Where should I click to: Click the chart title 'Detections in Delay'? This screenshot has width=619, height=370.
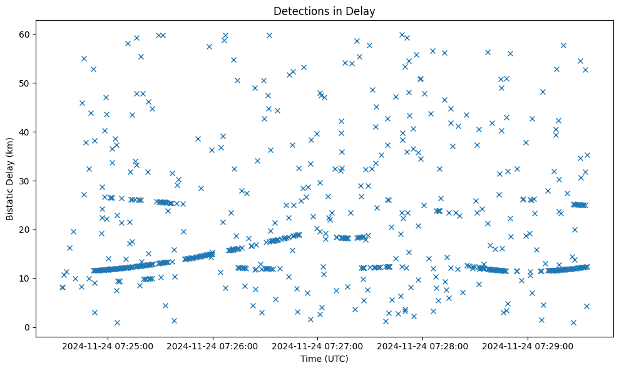pos(324,11)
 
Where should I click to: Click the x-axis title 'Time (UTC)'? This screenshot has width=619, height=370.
pos(324,359)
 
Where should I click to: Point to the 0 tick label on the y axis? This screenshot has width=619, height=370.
pos(28,327)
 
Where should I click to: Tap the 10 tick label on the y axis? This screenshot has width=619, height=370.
pos(25,278)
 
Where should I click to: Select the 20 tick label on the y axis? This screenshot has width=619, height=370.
pos(25,230)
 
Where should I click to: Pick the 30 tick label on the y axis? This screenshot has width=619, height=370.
pos(25,181)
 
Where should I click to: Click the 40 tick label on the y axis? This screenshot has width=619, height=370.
pos(25,132)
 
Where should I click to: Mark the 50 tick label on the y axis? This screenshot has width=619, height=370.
pos(25,83)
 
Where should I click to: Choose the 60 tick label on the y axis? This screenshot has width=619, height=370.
pos(25,34)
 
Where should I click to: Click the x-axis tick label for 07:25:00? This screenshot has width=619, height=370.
pos(108,346)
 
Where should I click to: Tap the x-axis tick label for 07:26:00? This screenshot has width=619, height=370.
pos(213,346)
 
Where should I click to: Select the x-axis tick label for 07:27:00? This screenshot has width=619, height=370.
pos(318,346)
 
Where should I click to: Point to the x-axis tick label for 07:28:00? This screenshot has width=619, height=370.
pos(423,346)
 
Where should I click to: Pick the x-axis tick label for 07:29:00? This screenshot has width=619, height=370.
pos(528,346)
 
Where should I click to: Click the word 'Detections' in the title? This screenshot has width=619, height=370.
pos(298,11)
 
